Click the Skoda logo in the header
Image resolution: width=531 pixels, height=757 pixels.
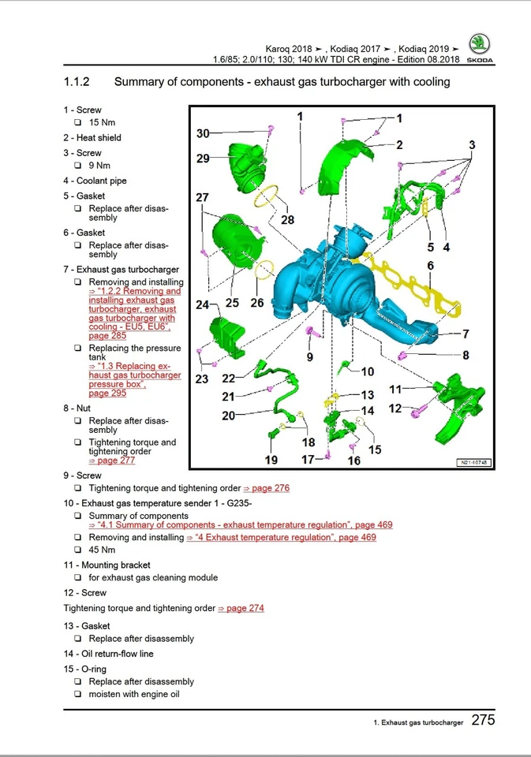(478, 48)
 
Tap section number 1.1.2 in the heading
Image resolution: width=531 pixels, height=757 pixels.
(77, 82)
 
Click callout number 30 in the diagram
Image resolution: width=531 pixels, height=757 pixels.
(203, 134)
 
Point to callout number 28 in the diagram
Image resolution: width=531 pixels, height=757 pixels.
(287, 220)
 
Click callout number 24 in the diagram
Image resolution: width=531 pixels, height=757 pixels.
(203, 304)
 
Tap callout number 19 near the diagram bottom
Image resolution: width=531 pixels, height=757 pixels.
(271, 460)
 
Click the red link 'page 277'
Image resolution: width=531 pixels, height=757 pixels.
(106, 461)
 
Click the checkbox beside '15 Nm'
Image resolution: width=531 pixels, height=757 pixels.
(78, 122)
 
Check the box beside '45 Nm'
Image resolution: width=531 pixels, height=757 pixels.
(78, 550)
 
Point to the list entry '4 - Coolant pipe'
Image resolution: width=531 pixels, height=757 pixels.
(95, 181)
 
